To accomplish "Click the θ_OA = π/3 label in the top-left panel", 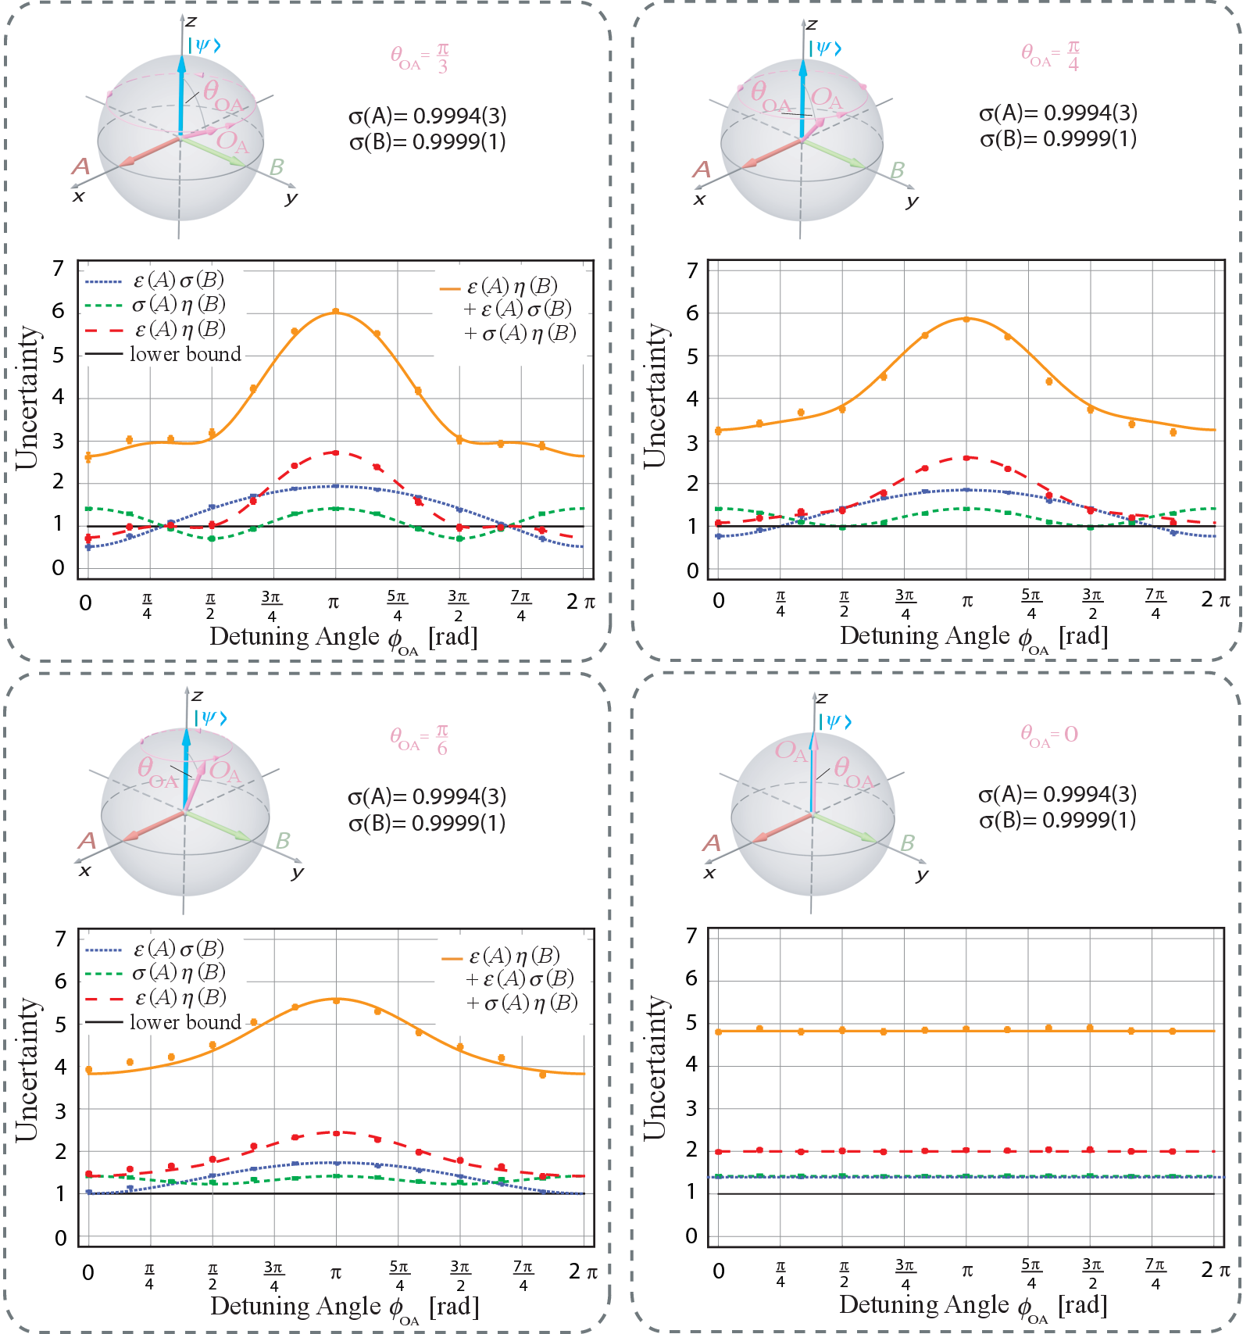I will point(420,57).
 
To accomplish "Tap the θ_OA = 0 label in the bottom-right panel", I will point(1048,735).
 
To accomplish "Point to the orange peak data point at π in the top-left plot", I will point(335,311).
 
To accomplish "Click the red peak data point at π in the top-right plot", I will point(966,458).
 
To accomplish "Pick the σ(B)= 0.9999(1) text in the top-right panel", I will point(1058,139).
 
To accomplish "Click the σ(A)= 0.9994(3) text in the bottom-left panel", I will point(427,796).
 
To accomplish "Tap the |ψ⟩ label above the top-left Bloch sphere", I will point(205,45).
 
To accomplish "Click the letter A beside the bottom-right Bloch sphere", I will point(711,842).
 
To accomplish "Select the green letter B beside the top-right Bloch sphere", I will point(898,170).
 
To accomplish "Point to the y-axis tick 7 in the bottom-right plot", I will point(691,935).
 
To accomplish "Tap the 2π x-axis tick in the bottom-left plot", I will point(583,1272).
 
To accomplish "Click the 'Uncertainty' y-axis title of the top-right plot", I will point(655,396).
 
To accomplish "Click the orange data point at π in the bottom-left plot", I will point(336,1000).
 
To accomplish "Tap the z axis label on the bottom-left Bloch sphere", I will point(197,695).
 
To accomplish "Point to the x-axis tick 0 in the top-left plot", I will point(86,603).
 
